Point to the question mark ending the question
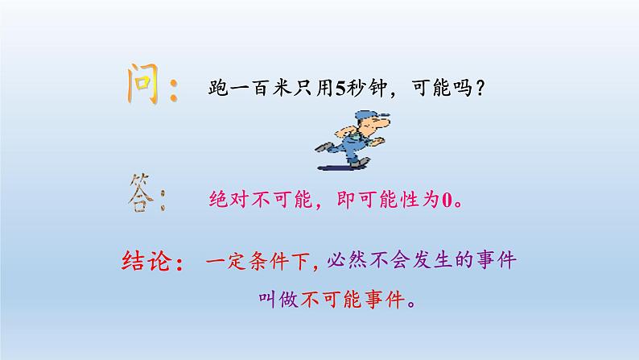tap(479, 89)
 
